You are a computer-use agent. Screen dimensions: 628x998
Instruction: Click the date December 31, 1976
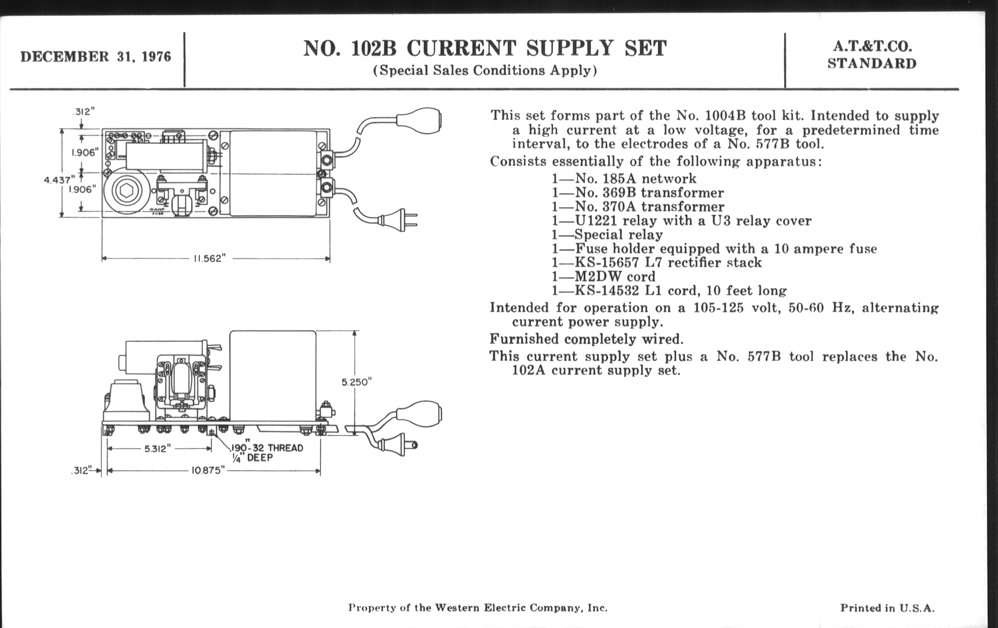coord(96,57)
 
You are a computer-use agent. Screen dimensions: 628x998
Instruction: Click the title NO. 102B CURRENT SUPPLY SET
coord(485,49)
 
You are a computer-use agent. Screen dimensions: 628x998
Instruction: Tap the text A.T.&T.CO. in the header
coord(871,47)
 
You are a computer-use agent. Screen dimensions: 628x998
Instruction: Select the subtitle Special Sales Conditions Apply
coord(485,71)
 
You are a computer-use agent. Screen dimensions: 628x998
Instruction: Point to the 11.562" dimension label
coord(209,259)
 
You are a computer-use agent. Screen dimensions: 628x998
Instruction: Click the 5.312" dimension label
coord(158,449)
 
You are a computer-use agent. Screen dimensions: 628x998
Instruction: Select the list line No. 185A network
coord(624,179)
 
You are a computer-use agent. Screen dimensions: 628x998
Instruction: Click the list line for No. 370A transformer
coord(638,206)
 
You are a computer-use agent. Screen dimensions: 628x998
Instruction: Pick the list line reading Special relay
coord(607,235)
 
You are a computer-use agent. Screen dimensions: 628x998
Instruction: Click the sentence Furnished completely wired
coord(586,339)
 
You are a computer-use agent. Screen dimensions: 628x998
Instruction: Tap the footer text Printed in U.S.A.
coord(887,608)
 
